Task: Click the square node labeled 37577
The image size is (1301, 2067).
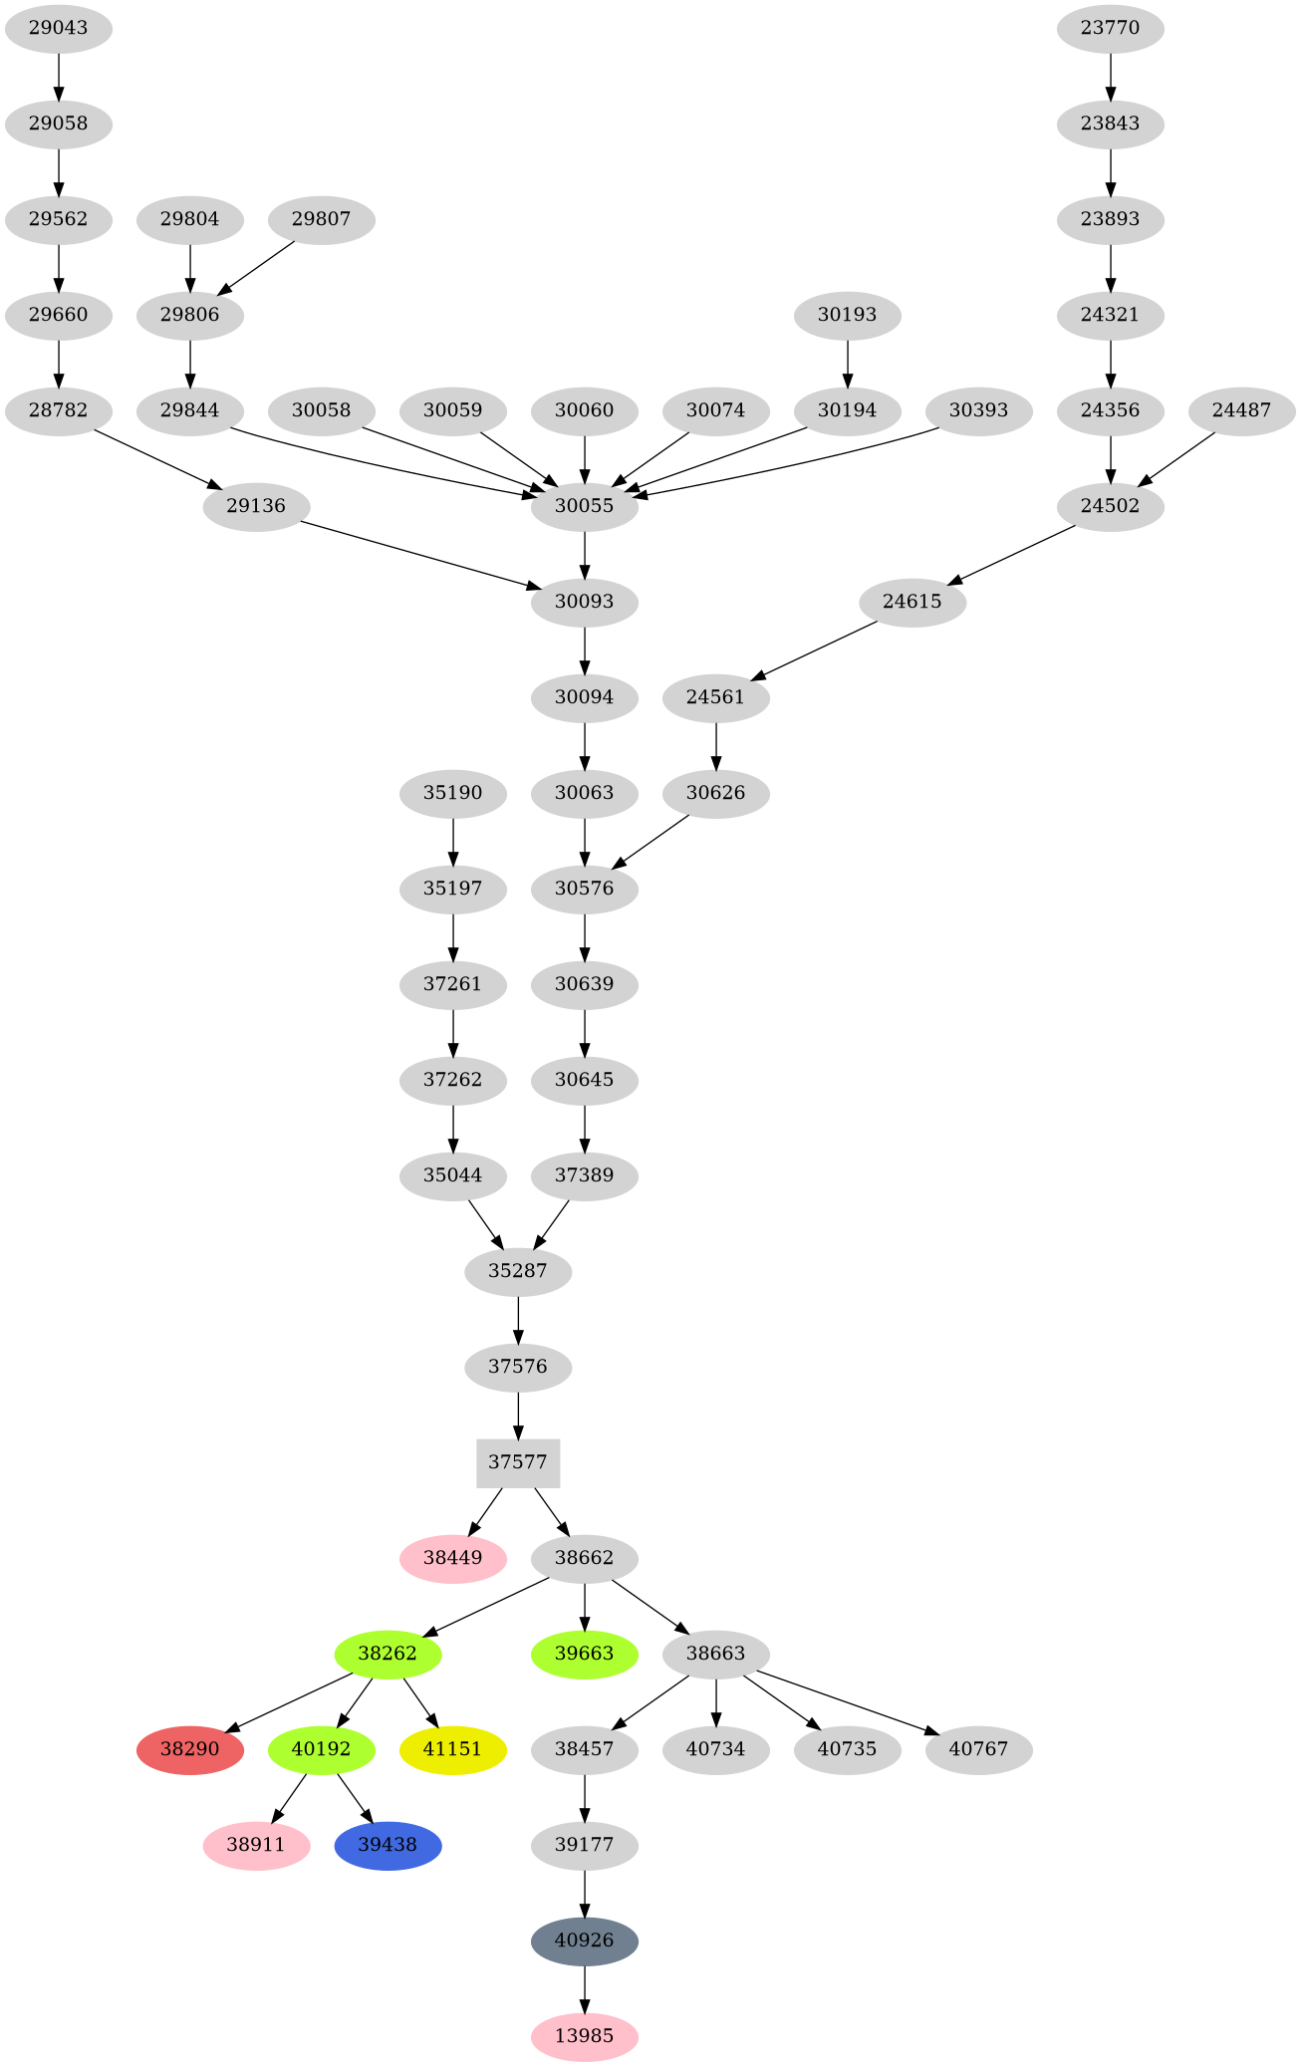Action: (518, 1462)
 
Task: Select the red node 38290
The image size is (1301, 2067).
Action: (189, 1749)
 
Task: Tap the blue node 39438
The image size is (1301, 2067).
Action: (388, 1845)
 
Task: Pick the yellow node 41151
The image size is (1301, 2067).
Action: (452, 1749)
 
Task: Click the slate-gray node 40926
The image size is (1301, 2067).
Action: (584, 1940)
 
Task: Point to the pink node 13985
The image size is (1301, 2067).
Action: (584, 2036)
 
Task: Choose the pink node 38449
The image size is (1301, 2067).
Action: (452, 1558)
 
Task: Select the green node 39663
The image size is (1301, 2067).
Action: (584, 1654)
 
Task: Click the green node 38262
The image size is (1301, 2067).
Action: (388, 1654)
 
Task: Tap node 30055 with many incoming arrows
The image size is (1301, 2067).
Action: (584, 506)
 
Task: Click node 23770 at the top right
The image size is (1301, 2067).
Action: (1110, 28)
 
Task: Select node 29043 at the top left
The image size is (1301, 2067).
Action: (58, 28)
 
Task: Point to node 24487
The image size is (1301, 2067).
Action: (1241, 410)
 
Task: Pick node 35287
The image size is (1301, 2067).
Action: (518, 1271)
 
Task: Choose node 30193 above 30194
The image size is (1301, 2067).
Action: (847, 315)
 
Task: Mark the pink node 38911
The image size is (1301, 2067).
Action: (256, 1845)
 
